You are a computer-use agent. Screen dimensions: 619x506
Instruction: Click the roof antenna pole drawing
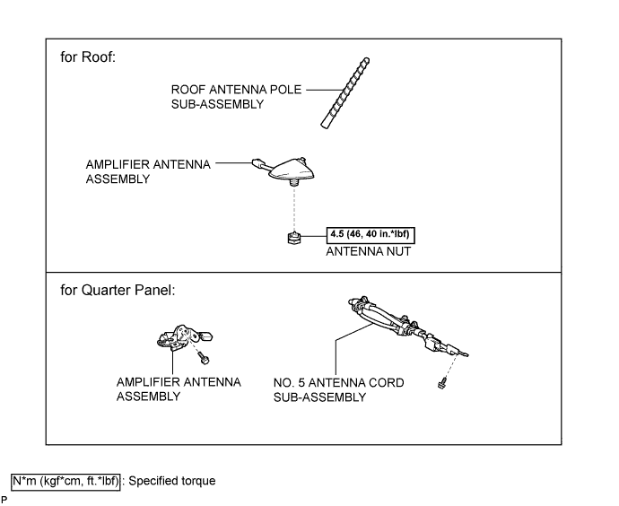[x=345, y=93]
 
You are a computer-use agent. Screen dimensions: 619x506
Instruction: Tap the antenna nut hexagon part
[x=294, y=238]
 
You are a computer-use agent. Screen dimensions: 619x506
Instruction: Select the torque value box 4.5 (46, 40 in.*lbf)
[x=371, y=235]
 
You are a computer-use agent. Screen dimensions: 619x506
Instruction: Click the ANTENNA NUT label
[x=369, y=251]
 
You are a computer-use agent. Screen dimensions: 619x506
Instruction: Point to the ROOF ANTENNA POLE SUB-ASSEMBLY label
[x=236, y=97]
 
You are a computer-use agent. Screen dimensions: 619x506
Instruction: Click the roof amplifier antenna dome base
[x=292, y=169]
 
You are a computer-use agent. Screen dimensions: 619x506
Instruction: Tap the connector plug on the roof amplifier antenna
[x=257, y=162]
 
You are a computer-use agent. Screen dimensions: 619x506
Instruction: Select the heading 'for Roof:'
[x=88, y=57]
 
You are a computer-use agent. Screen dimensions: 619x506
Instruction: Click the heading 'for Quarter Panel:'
[x=118, y=290]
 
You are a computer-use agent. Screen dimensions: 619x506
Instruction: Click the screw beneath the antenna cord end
[x=442, y=382]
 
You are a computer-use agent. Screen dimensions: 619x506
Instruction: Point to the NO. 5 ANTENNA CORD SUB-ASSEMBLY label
[x=339, y=390]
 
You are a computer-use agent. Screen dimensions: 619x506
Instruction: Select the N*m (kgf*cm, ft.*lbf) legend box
[x=65, y=481]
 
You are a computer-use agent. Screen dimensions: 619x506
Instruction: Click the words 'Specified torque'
[x=172, y=481]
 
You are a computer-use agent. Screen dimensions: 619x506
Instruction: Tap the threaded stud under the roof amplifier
[x=293, y=183]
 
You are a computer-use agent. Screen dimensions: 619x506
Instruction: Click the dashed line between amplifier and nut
[x=294, y=209]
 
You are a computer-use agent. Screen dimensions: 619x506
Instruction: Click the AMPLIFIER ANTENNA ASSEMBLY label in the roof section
[x=148, y=171]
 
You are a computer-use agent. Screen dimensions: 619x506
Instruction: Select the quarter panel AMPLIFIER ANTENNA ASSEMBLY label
[x=179, y=389]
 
